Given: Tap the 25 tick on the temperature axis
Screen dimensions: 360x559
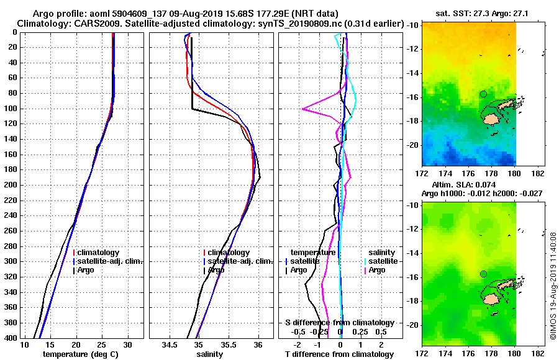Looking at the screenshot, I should (x=102, y=344).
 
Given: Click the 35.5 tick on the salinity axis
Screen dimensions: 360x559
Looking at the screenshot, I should (x=228, y=344).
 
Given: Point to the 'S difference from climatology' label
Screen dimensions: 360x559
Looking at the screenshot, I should (x=339, y=323).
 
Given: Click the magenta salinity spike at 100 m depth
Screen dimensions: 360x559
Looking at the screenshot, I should (x=303, y=109).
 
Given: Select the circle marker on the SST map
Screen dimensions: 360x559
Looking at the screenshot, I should (x=483, y=94).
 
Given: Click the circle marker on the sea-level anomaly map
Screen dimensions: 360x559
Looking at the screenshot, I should (x=483, y=274).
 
